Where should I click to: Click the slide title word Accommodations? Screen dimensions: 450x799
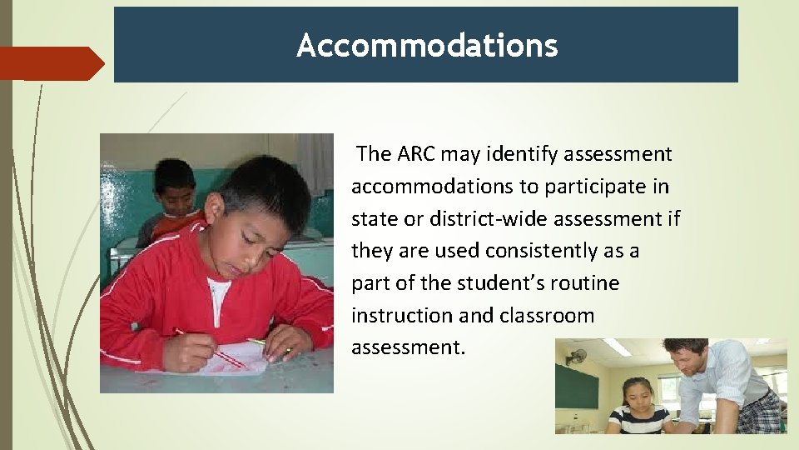[426, 45]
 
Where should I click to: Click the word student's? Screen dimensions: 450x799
[496, 283]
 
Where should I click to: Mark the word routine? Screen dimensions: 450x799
[587, 283]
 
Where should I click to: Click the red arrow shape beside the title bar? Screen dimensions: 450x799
[50, 63]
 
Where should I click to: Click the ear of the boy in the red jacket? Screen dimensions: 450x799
[215, 209]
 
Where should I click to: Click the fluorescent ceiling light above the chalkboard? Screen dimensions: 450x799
[617, 347]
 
